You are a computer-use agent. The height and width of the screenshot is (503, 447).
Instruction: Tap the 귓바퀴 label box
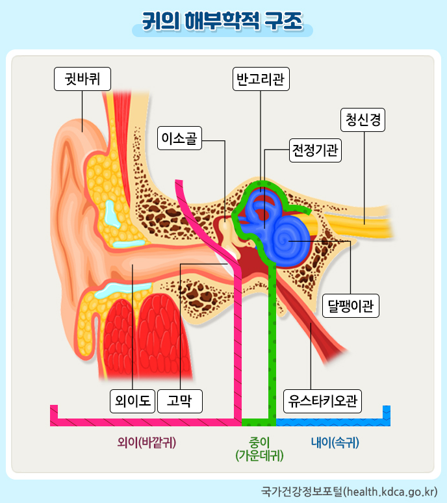82,79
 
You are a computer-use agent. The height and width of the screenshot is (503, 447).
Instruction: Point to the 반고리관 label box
261,79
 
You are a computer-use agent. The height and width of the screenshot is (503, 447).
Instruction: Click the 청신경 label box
363,120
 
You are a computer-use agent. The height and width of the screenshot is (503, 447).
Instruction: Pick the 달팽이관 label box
351,305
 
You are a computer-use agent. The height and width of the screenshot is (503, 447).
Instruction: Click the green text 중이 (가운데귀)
259,448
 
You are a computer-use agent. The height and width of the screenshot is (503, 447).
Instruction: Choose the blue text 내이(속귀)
335,443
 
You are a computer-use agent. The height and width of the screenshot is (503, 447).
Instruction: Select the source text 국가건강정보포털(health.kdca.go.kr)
348,489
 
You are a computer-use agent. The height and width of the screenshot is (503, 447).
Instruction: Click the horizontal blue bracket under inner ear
331,422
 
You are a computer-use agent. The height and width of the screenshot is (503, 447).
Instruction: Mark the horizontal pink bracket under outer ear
143,422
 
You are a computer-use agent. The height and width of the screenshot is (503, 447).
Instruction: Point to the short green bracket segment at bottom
259,422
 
